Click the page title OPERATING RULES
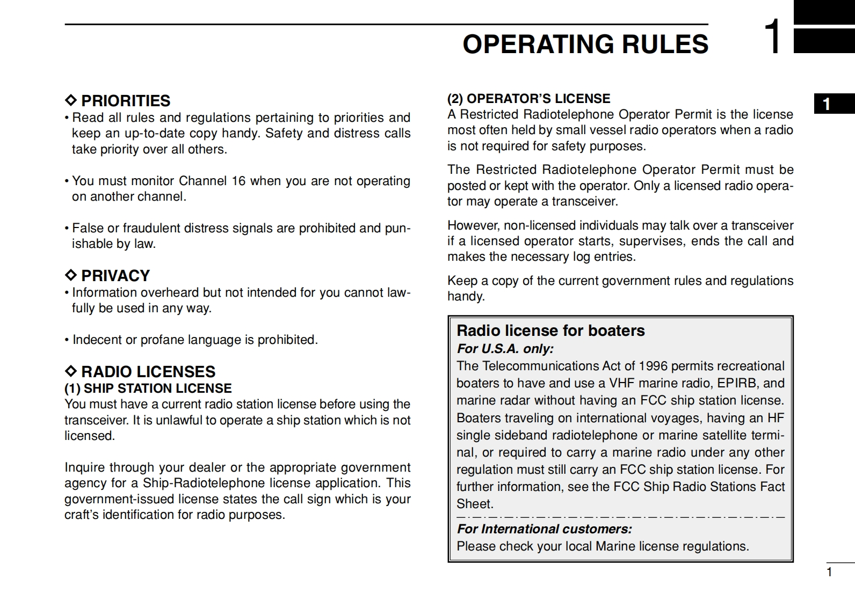(x=585, y=45)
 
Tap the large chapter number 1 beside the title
(x=774, y=36)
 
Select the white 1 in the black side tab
(x=827, y=104)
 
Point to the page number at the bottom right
(x=829, y=572)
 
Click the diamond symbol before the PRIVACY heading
(x=70, y=275)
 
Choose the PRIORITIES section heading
(x=126, y=101)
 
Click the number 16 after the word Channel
(x=238, y=181)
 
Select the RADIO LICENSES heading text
(x=148, y=372)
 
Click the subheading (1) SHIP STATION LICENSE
(x=148, y=388)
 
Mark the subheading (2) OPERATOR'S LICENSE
(x=529, y=99)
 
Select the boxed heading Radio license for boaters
(x=550, y=331)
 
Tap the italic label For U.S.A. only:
(x=505, y=349)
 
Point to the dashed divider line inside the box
(x=620, y=517)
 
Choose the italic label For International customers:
(x=545, y=529)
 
